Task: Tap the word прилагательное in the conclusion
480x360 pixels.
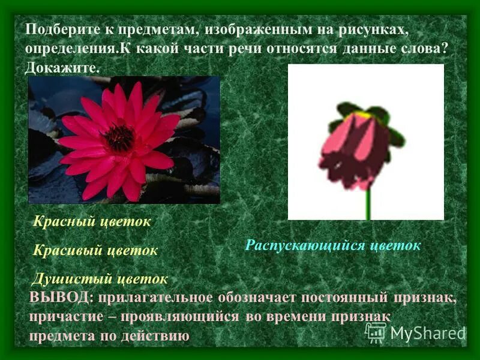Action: coord(154,298)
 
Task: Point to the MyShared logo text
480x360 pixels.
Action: coord(427,333)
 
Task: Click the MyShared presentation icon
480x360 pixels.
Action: coord(376,332)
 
